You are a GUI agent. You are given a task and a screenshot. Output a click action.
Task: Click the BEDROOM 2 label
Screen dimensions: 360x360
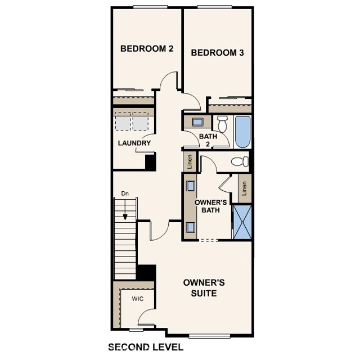146,49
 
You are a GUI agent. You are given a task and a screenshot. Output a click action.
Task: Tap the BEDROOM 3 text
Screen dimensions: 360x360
217,53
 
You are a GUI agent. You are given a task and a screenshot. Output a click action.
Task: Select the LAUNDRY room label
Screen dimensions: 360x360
134,143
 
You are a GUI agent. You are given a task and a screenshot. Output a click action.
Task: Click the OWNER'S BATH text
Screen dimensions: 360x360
210,206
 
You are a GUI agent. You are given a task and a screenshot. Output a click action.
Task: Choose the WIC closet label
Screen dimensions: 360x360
138,299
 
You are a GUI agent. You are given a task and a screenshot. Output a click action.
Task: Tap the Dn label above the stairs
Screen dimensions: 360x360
125,194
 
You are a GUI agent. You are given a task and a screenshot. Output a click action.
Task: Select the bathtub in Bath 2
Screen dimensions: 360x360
242,131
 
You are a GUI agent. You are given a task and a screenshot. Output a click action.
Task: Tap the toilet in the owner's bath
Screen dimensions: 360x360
240,162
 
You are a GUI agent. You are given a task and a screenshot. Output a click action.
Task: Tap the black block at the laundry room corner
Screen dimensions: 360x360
150,162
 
